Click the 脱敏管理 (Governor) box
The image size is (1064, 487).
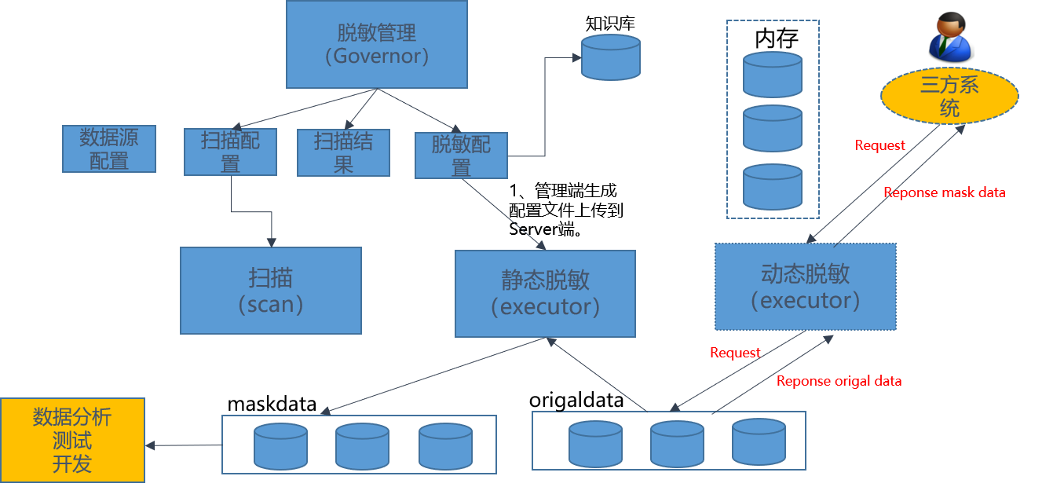377,44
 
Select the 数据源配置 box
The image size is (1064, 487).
109,149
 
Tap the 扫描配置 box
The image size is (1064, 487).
231,152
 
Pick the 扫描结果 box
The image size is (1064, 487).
343,152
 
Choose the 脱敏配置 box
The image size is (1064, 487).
461,156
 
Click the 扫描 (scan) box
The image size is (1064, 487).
271,291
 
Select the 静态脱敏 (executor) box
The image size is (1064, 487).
545,294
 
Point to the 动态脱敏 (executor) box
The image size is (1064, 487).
805,287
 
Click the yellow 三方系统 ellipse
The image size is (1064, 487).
949,96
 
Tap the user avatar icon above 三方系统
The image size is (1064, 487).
950,35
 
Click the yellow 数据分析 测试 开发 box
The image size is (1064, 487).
72,440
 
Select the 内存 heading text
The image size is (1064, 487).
776,38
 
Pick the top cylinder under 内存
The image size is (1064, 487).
773,75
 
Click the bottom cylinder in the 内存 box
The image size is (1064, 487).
773,187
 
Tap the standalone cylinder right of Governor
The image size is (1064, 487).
610,57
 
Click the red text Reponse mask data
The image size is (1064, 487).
944,192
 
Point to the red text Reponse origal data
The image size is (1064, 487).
839,381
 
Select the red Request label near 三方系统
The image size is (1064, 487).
879,145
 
